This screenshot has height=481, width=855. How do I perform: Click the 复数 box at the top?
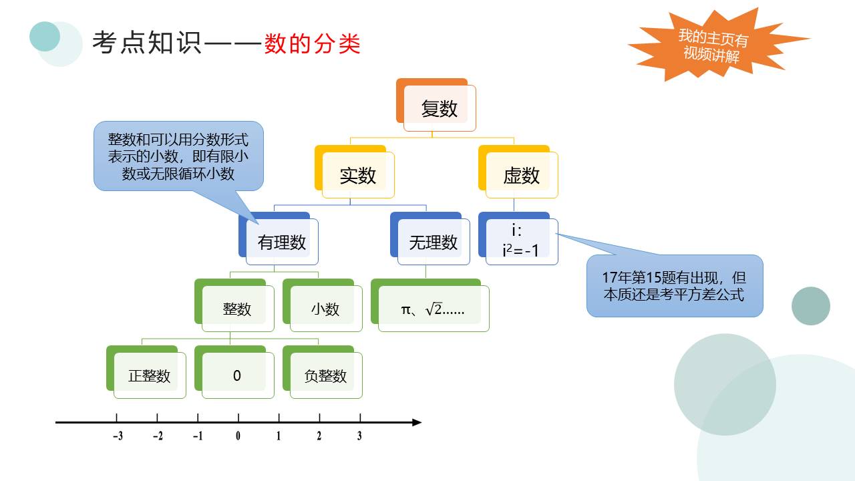click(x=439, y=108)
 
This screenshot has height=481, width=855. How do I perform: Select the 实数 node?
click(x=358, y=175)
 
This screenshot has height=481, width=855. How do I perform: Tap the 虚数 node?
click(x=521, y=175)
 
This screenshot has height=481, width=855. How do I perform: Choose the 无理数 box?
click(x=434, y=242)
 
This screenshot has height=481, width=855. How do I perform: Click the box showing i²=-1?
click(x=520, y=241)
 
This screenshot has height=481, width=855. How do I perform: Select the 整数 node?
click(x=237, y=309)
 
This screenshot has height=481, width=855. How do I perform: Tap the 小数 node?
click(x=325, y=309)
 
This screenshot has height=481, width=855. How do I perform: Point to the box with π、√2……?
click(x=433, y=309)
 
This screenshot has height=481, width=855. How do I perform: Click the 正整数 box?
click(x=149, y=375)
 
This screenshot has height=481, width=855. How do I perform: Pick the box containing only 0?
click(x=237, y=375)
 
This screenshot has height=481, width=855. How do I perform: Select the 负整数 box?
click(x=325, y=375)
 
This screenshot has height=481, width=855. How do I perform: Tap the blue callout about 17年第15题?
click(x=674, y=285)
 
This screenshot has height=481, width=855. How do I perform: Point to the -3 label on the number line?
click(x=118, y=437)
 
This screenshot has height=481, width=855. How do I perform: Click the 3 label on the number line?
click(x=359, y=437)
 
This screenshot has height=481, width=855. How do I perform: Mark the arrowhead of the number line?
click(x=417, y=422)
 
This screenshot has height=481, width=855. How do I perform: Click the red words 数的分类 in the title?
click(x=312, y=44)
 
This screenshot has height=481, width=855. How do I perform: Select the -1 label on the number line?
click(x=198, y=437)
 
